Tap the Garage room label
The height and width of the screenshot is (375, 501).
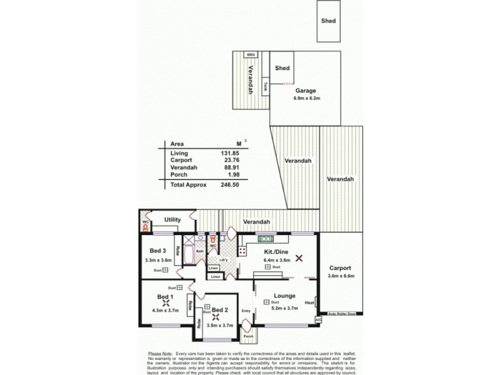point(306,91)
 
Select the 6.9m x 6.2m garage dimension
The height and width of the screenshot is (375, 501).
point(306,98)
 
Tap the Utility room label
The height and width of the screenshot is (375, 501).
point(173,220)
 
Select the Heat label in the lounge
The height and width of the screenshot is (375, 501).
point(309,303)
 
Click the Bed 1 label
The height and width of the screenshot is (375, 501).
point(164,296)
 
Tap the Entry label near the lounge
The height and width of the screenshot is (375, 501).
point(246,311)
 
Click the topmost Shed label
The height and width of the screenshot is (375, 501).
point(328,21)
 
